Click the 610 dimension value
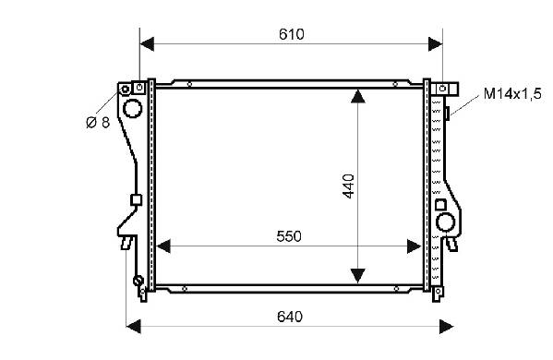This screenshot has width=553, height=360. point(292,34)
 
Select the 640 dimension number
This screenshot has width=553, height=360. point(290,317)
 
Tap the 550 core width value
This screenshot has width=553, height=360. point(289,236)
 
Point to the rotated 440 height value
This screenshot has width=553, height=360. point(348,186)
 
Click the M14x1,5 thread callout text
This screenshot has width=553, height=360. point(512,94)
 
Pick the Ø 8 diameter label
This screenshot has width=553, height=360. point(98,123)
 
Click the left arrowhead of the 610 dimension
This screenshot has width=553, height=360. point(147,43)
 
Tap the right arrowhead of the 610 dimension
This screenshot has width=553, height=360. point(435,43)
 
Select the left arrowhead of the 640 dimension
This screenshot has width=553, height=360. point(133,327)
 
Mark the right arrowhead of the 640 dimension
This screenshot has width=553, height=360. point(447,327)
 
